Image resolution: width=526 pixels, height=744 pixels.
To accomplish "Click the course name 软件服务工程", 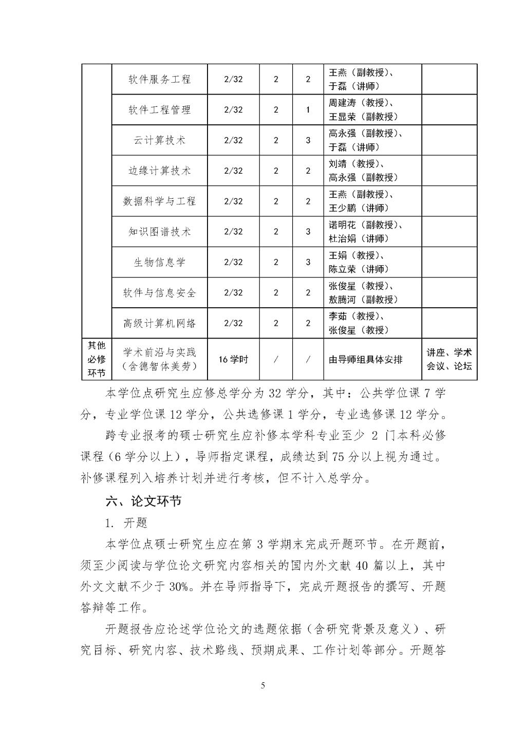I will (159, 79).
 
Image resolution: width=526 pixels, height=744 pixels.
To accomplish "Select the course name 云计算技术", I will (159, 140).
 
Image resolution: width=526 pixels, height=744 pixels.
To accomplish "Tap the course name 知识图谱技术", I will (159, 232).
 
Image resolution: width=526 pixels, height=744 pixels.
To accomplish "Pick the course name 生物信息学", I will (159, 262).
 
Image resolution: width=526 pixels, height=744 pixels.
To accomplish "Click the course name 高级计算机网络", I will (159, 323).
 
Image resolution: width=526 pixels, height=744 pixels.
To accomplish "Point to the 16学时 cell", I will (233, 359).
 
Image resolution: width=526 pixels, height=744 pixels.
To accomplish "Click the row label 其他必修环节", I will (97, 359).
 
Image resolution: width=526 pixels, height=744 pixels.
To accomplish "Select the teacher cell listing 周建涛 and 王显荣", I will (364, 109).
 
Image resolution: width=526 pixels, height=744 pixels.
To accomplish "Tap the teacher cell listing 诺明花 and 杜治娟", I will (366, 232).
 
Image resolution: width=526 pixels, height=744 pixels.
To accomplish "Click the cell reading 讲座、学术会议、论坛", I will (449, 359).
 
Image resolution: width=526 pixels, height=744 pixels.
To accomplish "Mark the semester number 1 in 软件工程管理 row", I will (308, 109).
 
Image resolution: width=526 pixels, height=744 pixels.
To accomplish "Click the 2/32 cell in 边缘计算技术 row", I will (233, 171).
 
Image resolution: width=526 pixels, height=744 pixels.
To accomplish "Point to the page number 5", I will (263, 685).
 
